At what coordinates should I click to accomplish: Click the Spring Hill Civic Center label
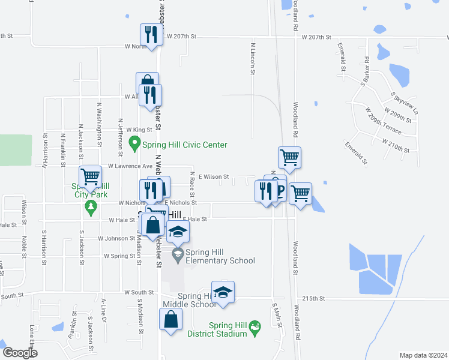(x=185, y=145)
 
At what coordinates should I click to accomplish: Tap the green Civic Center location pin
(x=134, y=144)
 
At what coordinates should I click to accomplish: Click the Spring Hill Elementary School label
(x=220, y=256)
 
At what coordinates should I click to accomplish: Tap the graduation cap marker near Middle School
(x=223, y=292)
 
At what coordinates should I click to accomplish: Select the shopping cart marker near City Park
(x=90, y=176)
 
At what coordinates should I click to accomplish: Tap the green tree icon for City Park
(x=91, y=208)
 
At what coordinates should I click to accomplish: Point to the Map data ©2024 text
(x=423, y=355)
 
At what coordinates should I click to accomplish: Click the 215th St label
(x=313, y=298)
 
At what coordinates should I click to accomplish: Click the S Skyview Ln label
(x=403, y=104)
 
